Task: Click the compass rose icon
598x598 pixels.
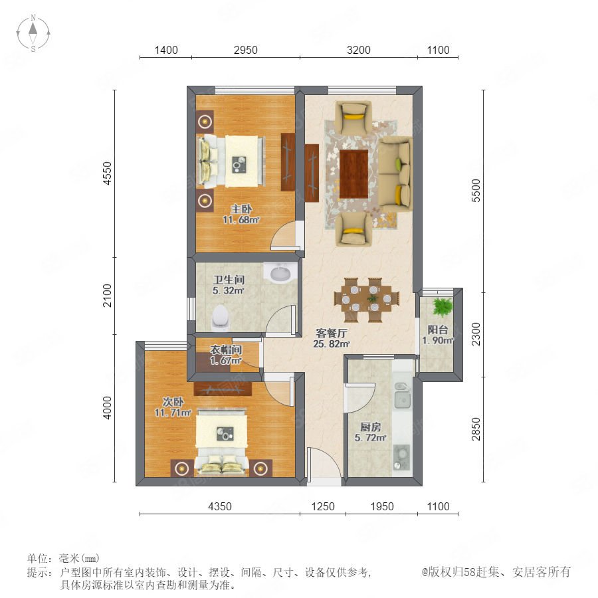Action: coord(33,33)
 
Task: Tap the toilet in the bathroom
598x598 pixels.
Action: coord(221,318)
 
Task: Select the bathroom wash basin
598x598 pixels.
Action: coord(280,273)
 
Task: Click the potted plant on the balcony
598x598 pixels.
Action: coord(443,307)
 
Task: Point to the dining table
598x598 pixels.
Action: coord(367,300)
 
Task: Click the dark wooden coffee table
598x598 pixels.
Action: coord(353,173)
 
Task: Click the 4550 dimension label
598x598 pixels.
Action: coord(108,173)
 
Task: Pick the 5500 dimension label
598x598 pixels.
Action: coord(476,191)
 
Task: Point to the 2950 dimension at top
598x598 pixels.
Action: coord(246,50)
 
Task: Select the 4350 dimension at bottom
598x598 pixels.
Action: coord(220,506)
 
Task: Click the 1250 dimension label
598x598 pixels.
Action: coord(323,506)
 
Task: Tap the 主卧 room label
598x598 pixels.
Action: coord(241,209)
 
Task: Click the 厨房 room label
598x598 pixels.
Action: coord(370,427)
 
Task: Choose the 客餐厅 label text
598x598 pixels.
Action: coord(332,333)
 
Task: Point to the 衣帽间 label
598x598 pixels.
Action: coord(226,349)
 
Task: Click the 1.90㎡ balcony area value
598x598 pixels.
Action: coord(437,341)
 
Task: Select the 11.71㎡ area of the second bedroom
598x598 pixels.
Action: coord(173,412)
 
